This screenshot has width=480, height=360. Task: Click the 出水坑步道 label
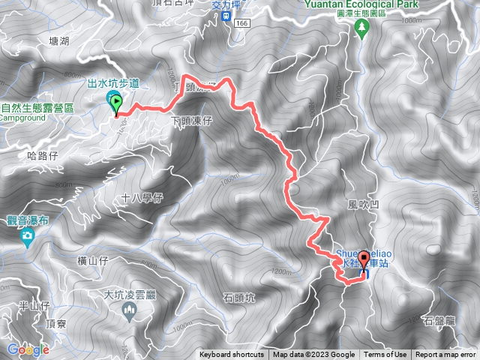[114, 83]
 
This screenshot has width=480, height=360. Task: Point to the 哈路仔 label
[42, 155]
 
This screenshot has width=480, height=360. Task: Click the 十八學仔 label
[142, 197]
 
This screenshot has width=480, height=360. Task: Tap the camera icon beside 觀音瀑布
[28, 238]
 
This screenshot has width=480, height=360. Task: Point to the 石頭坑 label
[239, 298]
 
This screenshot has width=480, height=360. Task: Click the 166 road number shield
[241, 24]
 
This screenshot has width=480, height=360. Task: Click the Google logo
[28, 349]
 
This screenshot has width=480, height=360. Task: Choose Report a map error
[446, 355]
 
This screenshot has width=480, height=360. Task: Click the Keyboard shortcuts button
[232, 355]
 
